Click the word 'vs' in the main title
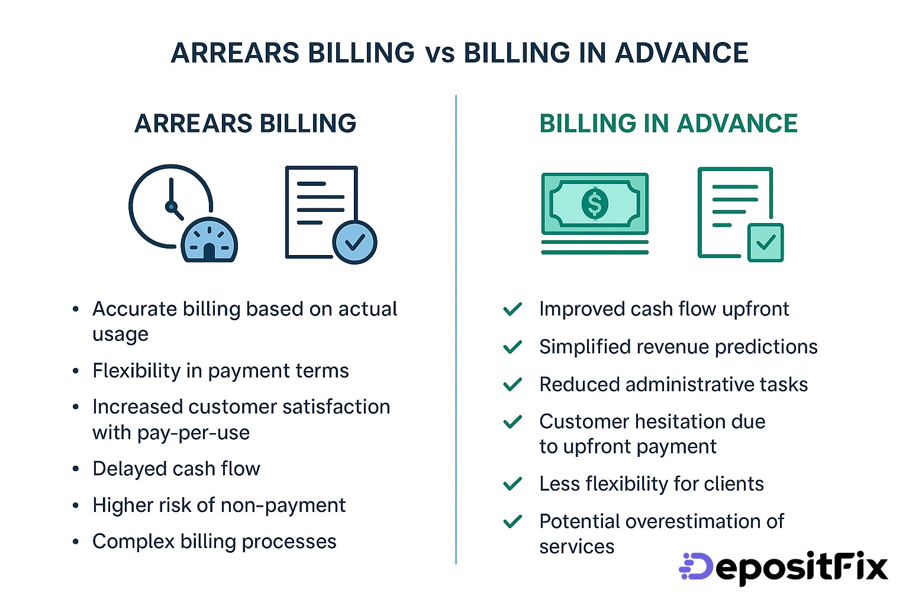tap(440, 53)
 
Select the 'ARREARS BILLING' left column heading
tap(245, 124)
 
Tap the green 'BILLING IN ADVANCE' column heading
tap(668, 124)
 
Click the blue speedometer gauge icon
tap(209, 240)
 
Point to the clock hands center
tap(171, 207)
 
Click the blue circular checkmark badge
tap(354, 242)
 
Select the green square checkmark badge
tap(765, 242)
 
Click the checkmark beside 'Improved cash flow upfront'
tap(512, 309)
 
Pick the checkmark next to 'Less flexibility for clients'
tap(512, 484)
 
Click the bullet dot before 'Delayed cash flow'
tap(76, 469)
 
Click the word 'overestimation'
tap(692, 521)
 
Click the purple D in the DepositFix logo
tap(698, 566)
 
